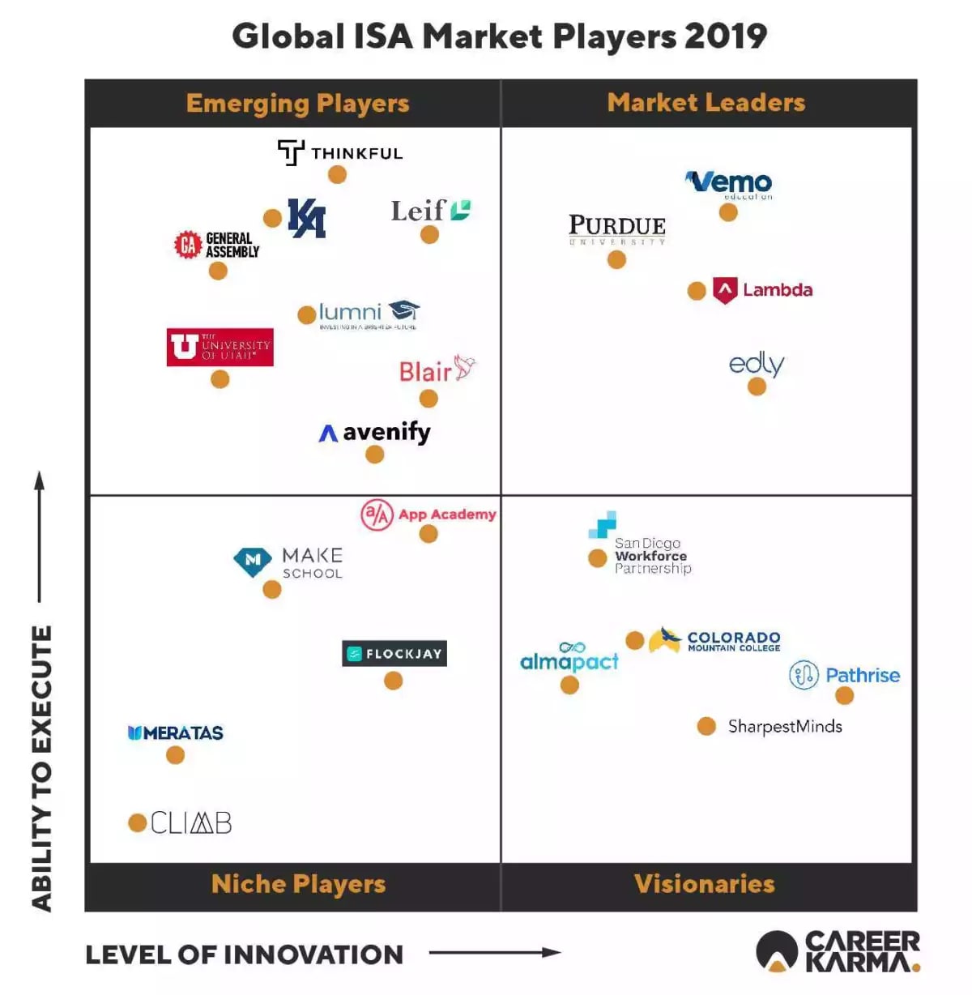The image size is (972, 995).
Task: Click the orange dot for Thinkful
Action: (x=337, y=174)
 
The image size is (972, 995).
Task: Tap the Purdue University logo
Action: (x=617, y=228)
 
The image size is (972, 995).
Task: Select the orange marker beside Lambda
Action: (x=697, y=291)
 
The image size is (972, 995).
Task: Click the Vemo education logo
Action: (x=729, y=184)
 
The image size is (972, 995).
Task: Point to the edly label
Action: (x=757, y=364)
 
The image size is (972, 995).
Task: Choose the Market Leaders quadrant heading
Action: (x=706, y=103)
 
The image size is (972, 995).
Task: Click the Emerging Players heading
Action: (x=297, y=104)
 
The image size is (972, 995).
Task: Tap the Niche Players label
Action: (x=298, y=884)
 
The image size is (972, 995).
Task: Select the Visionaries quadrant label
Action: (x=704, y=884)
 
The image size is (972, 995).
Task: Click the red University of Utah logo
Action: (x=220, y=348)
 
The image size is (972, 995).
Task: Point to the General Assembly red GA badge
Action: (x=188, y=245)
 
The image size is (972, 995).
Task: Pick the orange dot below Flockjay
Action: (x=394, y=681)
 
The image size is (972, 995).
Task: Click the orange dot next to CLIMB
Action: (x=138, y=823)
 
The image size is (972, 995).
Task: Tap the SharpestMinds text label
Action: (x=785, y=727)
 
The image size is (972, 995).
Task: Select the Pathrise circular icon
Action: (x=804, y=675)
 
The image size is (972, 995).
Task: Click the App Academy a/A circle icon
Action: (x=377, y=515)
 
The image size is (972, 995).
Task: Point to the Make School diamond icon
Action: (x=253, y=560)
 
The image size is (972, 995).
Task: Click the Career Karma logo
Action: (x=838, y=952)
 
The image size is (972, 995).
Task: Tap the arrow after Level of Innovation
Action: (x=495, y=953)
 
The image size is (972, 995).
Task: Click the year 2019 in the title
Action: (x=726, y=36)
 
